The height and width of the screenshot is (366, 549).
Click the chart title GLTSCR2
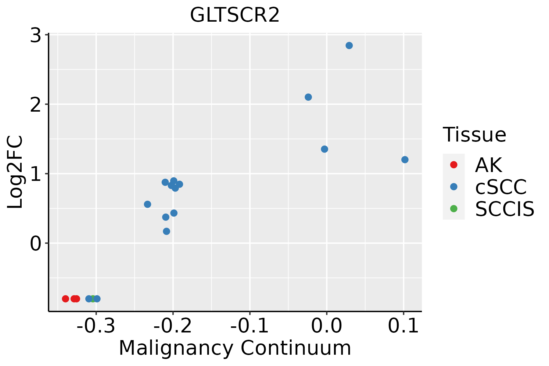point(235,15)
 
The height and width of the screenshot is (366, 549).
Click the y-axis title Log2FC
point(15,172)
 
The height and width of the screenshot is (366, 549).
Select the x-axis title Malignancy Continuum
point(235,348)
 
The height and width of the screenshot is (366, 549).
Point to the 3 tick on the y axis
point(36,35)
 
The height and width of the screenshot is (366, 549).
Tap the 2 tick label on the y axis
point(36,105)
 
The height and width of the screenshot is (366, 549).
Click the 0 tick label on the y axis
point(36,244)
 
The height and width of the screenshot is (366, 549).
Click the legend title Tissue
point(474,135)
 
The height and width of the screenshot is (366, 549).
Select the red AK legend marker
point(454,165)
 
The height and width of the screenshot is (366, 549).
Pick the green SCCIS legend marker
point(454,209)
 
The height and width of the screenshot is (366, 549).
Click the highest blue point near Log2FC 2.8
point(349,45)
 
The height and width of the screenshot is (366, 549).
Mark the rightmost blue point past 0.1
point(405,160)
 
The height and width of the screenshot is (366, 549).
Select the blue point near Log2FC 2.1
point(308,97)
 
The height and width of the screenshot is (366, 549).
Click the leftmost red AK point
point(65,299)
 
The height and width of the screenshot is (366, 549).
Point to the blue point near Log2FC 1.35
point(325,149)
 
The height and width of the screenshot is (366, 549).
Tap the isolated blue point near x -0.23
point(147,204)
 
